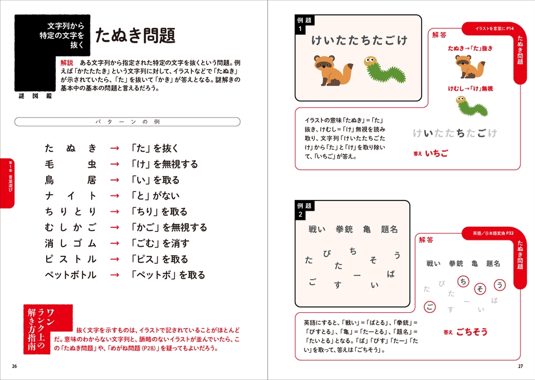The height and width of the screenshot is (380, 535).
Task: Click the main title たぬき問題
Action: [135, 35]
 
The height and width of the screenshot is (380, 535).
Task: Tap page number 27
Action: [520, 365]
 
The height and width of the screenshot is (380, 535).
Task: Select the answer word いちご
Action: [437, 153]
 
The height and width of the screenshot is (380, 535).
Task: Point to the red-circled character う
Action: [500, 284]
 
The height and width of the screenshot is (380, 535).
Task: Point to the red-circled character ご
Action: [430, 308]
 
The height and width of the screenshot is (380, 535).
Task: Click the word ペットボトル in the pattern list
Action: [71, 275]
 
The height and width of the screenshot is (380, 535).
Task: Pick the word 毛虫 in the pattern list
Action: [71, 164]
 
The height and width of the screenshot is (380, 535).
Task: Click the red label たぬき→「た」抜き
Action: [470, 48]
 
